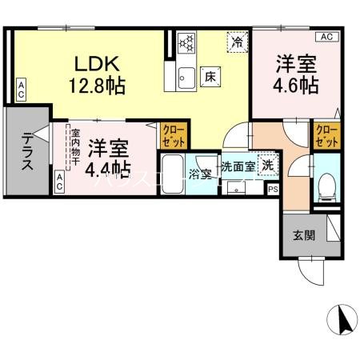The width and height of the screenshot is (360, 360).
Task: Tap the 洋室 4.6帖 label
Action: (296, 73)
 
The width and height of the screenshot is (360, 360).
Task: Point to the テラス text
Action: (27, 151)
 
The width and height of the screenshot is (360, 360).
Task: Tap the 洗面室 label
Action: (238, 167)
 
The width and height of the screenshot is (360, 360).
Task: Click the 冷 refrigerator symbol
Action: (237, 40)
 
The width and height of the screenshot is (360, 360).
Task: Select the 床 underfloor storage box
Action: (210, 78)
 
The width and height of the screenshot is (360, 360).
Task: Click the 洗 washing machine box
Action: (270, 166)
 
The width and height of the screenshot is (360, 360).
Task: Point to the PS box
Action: (273, 190)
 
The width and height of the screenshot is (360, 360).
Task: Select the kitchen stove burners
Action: (186, 42)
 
